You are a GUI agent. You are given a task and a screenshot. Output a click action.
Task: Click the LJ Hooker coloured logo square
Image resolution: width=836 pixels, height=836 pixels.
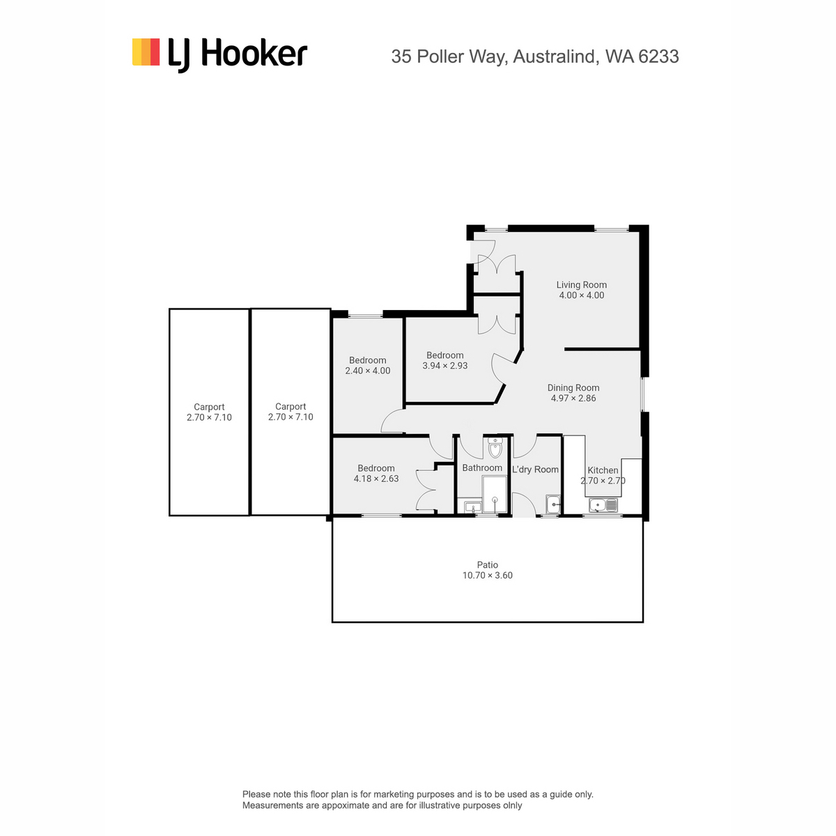(146, 52)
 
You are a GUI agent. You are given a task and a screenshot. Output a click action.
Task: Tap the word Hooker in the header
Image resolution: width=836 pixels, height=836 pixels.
(255, 54)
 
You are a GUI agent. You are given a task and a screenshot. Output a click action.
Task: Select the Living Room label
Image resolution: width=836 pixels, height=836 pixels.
(580, 285)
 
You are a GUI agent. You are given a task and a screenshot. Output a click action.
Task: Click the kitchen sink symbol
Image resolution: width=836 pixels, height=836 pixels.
(603, 505)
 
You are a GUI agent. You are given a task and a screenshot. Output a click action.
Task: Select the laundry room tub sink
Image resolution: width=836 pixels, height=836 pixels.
(552, 504)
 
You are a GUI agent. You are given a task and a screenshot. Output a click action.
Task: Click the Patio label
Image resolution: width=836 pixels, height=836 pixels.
(487, 564)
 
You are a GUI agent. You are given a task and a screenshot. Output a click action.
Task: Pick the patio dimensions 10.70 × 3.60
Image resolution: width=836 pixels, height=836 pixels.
(487, 575)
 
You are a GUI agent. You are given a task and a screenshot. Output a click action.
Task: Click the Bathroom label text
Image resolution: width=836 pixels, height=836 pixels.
(481, 467)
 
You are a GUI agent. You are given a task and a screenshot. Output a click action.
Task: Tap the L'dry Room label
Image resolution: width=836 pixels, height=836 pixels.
(534, 470)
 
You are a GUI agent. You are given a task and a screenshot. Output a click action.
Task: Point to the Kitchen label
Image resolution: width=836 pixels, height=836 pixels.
(602, 470)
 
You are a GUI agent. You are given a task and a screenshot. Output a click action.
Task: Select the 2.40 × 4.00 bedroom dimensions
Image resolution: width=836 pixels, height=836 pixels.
(367, 371)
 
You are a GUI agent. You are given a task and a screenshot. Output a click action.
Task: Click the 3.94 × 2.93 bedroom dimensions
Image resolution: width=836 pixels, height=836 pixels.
(444, 366)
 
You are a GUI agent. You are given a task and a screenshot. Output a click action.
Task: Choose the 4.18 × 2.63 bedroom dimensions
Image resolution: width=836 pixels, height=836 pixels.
(376, 479)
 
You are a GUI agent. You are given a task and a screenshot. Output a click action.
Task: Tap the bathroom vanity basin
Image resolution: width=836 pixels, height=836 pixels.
(472, 506)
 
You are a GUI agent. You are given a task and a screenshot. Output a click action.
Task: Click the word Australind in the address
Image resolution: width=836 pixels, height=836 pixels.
(553, 56)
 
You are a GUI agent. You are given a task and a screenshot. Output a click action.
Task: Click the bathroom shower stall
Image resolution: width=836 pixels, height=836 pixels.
(494, 494)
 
